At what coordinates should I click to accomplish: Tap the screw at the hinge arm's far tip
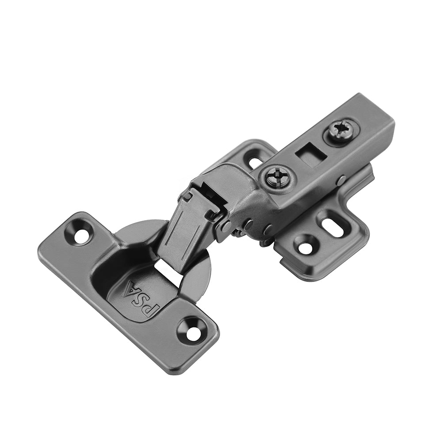343,130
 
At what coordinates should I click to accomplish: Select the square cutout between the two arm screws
312,155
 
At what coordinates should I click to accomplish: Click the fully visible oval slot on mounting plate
332,223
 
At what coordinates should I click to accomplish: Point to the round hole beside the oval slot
306,246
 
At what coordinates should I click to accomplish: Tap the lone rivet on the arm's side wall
340,180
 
